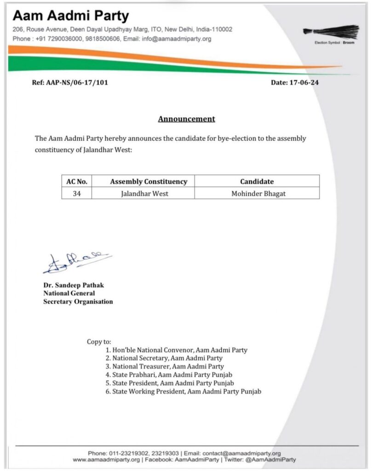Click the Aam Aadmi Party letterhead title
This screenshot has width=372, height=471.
(71, 16)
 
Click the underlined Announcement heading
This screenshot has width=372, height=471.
(186, 119)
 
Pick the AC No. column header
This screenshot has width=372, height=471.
(77, 181)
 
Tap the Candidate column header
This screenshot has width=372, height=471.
(257, 181)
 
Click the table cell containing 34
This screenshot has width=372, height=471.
(77, 194)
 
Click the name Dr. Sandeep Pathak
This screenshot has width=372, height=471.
(74, 285)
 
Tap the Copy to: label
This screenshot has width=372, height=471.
(99, 342)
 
